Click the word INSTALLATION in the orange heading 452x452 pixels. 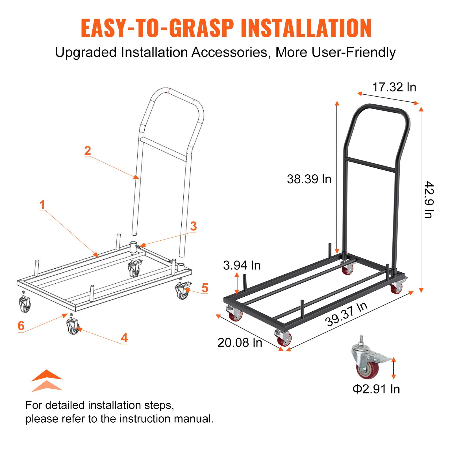click(306, 28)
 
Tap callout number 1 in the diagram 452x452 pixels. click(42, 205)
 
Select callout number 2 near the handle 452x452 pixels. click(88, 151)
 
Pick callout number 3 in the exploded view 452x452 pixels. click(193, 226)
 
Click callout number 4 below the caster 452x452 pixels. click(124, 338)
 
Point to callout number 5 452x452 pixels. click(205, 288)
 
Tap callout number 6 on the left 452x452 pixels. click(21, 326)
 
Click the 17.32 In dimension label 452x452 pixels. click(394, 87)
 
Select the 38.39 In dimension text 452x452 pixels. click(309, 179)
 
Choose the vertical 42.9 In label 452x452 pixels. click(429, 200)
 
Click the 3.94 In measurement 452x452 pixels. click(242, 265)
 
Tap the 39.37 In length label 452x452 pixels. click(346, 314)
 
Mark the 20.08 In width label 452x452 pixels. click(240, 343)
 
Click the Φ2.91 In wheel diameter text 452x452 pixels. click(376, 389)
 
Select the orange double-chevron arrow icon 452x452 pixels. click(47, 381)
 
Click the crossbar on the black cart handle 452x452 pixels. click(370, 165)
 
